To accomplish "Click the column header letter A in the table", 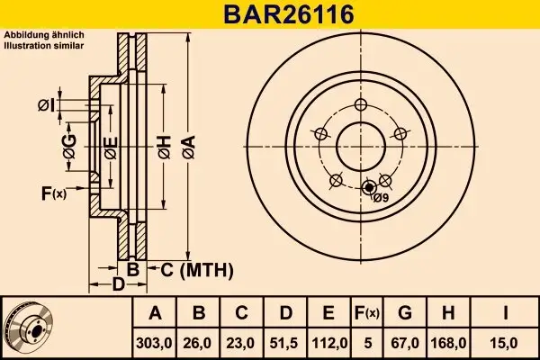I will coord(155,313).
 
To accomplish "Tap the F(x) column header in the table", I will coord(367,313).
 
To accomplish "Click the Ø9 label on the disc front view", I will coord(380,198).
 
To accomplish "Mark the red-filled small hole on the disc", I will coord(366,188).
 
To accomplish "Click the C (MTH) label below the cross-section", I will coord(197,269).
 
